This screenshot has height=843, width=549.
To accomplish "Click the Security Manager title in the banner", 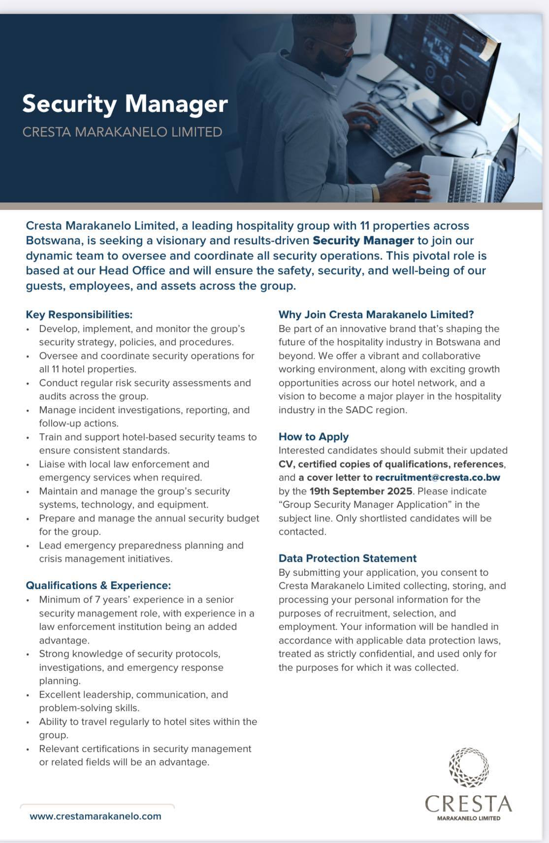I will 125,104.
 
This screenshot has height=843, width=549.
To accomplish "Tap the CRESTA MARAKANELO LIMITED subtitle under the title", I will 122,132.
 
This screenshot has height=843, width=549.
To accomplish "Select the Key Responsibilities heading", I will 79,314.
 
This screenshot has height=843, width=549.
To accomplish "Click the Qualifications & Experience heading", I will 98,585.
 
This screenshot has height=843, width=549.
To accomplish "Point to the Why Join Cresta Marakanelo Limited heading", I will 376,314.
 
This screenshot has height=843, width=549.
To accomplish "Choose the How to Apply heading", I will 314,436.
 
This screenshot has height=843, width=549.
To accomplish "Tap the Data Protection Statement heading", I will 348,558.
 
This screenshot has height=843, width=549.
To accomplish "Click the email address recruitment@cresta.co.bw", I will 438,477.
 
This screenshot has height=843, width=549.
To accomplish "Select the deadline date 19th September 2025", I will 361,491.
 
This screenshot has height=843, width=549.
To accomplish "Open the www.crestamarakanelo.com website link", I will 96,816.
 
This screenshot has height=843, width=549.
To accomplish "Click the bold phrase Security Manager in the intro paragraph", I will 363,241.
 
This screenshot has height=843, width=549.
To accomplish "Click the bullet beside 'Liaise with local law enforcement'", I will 28,464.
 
